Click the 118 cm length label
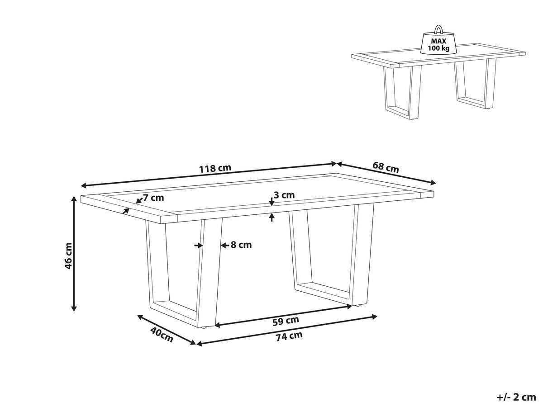215,168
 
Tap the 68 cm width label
386,167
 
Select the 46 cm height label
68,256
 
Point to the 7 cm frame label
153,198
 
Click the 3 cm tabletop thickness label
284,195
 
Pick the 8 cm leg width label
241,245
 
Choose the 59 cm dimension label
286,321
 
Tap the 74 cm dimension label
289,336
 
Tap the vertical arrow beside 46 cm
73,254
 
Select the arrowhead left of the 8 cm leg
199,246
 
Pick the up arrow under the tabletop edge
272,218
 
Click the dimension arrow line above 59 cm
284,316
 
